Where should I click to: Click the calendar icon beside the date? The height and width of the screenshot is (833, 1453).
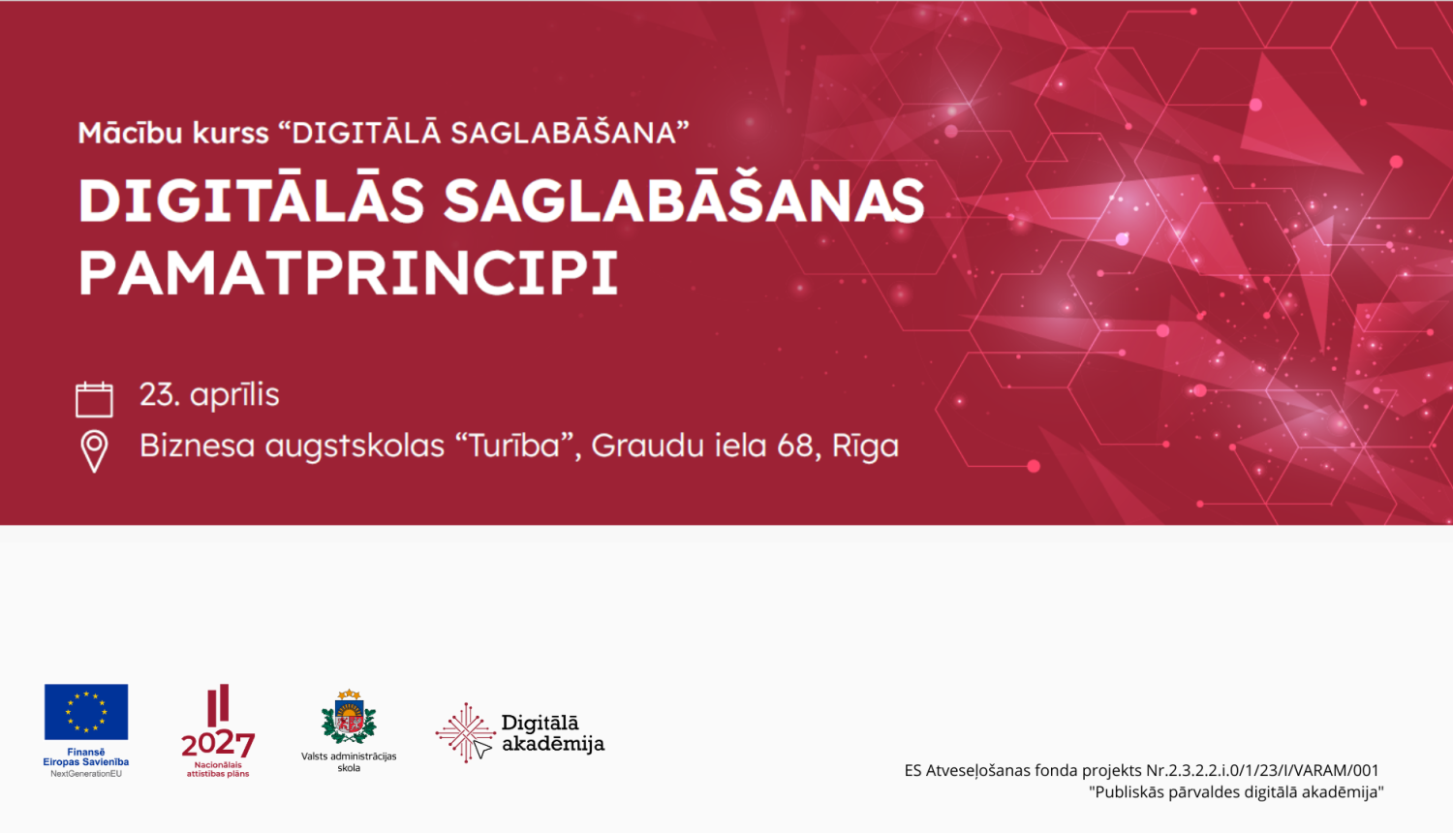point(94,399)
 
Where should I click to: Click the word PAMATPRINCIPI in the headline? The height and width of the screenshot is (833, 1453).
point(349,273)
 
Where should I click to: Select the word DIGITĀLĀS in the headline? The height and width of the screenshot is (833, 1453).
point(252,201)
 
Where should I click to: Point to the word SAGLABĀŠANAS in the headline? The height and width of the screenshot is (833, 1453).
point(684,201)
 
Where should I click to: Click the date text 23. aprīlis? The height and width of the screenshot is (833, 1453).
point(209,395)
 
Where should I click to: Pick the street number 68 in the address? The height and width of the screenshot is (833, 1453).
point(794,446)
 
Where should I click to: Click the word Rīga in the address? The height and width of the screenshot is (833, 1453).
point(865,447)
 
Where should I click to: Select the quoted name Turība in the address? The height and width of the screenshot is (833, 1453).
point(514,446)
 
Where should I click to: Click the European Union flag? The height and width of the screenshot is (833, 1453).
point(86,712)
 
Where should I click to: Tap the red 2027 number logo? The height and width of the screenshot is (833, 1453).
point(218,744)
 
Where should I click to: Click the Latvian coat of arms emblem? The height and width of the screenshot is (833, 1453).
point(349,717)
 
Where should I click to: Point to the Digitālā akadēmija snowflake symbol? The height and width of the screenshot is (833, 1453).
point(465,733)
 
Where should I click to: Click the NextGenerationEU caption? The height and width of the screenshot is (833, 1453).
point(86,774)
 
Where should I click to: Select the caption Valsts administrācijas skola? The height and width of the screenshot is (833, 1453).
point(349,762)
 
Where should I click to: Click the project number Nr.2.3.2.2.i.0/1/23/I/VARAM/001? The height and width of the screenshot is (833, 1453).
point(1262,771)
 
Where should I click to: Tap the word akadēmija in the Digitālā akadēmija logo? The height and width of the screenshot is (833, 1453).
point(553,745)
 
